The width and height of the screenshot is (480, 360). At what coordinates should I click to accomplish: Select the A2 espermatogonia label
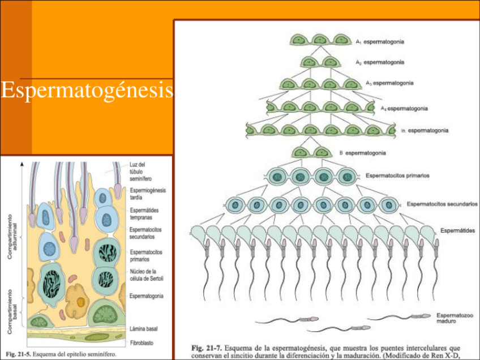coord(379,61)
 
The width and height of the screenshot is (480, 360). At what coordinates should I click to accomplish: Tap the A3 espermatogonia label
coord(389,83)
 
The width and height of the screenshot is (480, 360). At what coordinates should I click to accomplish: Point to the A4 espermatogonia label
coord(404,108)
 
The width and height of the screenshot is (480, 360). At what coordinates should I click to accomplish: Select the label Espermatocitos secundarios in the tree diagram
coord(442,203)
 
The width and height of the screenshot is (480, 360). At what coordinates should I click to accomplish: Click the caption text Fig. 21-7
coord(205,347)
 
